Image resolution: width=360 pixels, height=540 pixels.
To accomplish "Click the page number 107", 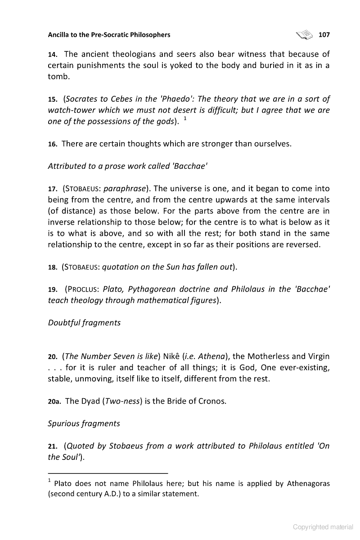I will click(324, 35).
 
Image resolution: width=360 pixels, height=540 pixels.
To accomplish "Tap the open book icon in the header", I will click(304, 35).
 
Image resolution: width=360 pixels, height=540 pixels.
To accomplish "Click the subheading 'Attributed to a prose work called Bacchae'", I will click(127, 166).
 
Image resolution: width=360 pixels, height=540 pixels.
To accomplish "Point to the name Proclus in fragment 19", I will click(82, 289).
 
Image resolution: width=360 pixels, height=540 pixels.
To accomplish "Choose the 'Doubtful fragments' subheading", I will click(84, 323).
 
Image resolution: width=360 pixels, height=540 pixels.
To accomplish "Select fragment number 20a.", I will click(54, 401).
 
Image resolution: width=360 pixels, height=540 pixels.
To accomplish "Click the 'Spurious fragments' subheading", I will click(84, 423).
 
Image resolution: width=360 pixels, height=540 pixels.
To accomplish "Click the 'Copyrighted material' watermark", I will click(323, 527).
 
